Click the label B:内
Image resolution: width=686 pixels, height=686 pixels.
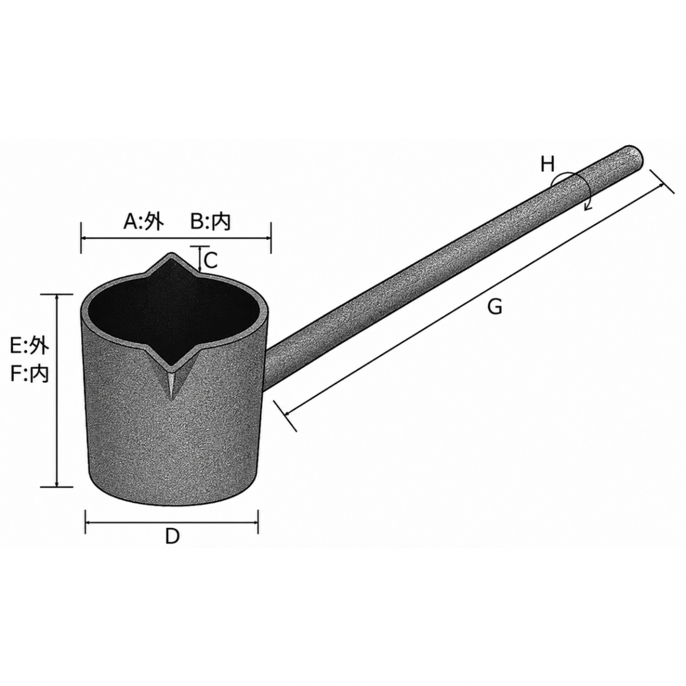[x=210, y=222]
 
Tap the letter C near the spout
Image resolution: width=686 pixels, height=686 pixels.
[x=211, y=261]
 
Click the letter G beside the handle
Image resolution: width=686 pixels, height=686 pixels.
[x=495, y=306]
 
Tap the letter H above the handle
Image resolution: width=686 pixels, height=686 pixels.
[x=548, y=165]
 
